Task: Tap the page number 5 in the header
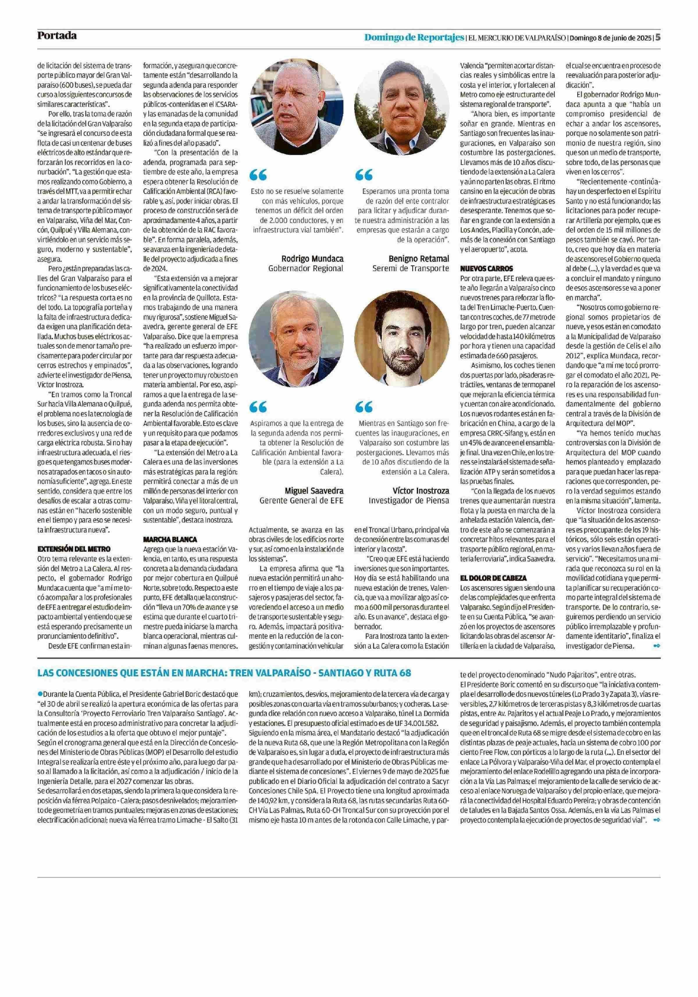click(658, 37)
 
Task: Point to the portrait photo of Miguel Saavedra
click(296, 339)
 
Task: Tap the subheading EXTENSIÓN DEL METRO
click(74, 549)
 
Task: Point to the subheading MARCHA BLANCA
click(170, 539)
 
